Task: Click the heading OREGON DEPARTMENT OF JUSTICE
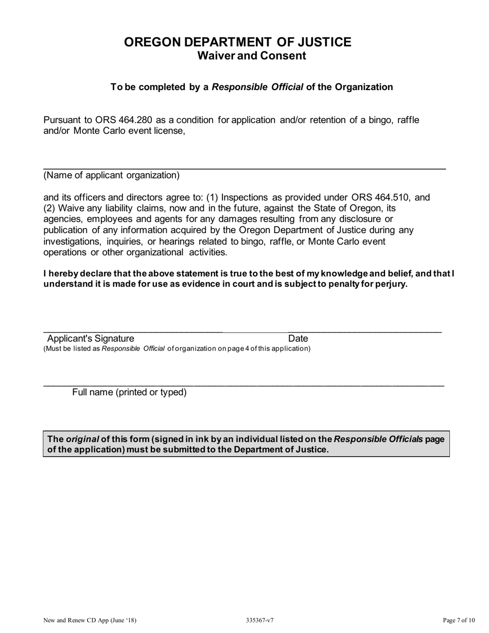(237, 42)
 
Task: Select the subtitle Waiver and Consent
(252, 56)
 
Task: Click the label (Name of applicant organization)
(112, 175)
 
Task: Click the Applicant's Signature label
(91, 339)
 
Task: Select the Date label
(298, 339)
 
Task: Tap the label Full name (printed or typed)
(129, 393)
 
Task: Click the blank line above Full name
(243, 385)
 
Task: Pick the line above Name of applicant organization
(244, 169)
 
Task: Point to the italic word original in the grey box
(82, 439)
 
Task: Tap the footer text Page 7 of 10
(458, 620)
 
